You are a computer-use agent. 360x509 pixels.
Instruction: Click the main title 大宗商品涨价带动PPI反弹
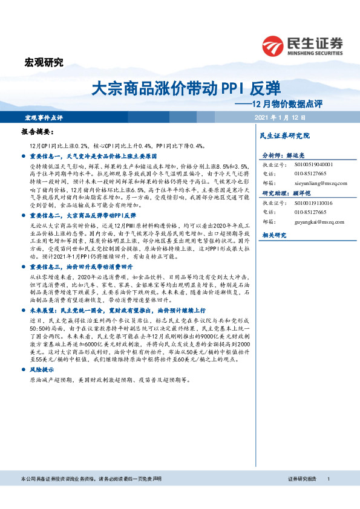[x=185, y=89]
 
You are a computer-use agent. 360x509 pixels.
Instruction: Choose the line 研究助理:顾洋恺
[x=286, y=193]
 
